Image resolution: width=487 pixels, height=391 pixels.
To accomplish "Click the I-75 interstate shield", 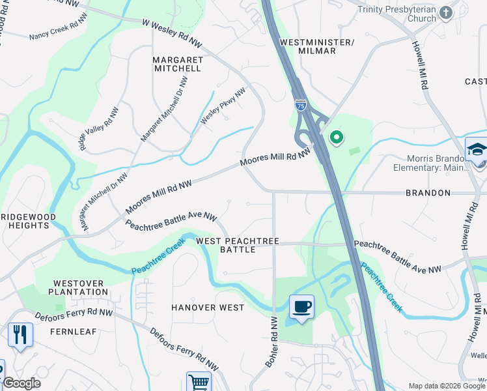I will pos(300,104).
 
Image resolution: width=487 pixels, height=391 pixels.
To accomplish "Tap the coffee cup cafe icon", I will pos(301,306).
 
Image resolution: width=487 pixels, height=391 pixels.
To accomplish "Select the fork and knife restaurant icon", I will pos(20,335).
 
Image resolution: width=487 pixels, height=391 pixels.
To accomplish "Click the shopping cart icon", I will pos(199,382).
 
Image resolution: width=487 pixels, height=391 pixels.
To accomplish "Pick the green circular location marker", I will pos(337,138).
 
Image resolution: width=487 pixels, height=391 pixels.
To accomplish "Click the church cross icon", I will pos(446,12).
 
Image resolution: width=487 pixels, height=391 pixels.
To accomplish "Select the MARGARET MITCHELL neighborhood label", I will pos(177,64).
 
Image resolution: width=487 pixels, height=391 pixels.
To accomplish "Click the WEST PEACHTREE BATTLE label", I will pos(238,246).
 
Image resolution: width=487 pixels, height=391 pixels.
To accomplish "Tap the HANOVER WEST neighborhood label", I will pos(208,308).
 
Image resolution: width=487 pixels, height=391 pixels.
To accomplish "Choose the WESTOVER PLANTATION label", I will pos(81,287).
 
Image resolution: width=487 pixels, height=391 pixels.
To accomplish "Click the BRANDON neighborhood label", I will pos(428,194).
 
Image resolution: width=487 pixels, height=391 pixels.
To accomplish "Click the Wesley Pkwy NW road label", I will pos(223,106).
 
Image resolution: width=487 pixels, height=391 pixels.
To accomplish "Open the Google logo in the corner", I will pos(21,383).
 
